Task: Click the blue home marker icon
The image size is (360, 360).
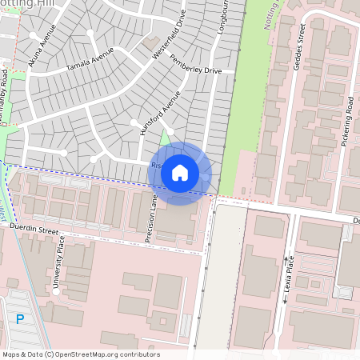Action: click(x=180, y=173)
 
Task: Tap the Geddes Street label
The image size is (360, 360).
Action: click(x=300, y=49)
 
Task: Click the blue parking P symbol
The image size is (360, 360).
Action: click(x=20, y=319)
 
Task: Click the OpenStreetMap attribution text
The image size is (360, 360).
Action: click(x=80, y=354)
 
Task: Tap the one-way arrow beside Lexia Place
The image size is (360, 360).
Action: click(x=285, y=300)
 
